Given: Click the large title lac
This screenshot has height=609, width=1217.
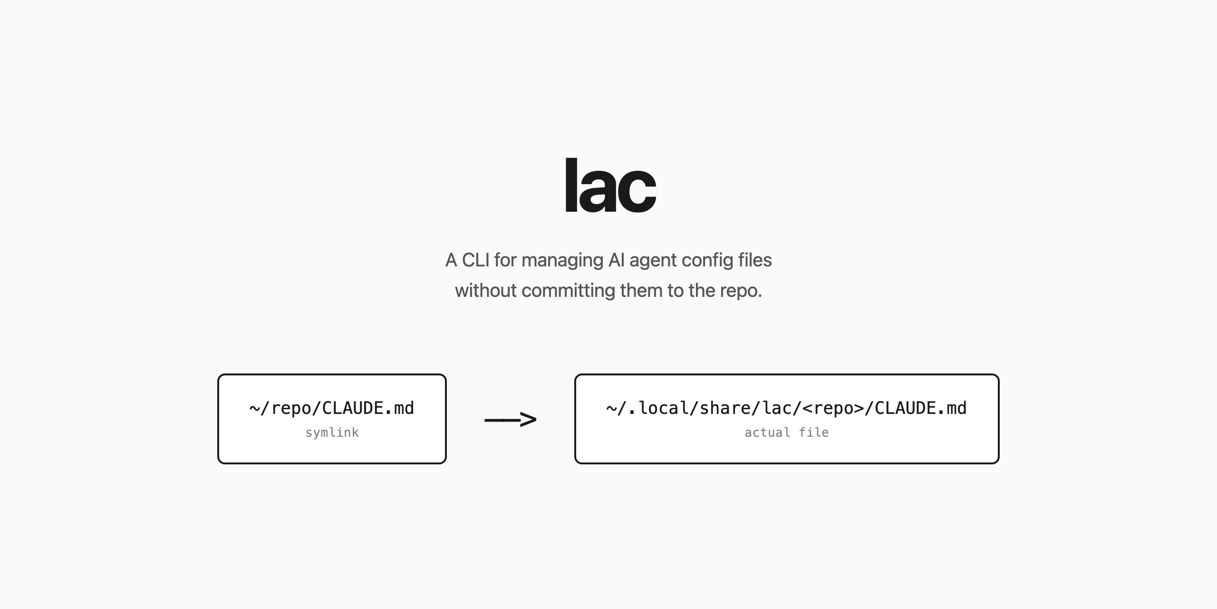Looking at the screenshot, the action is click(610, 185).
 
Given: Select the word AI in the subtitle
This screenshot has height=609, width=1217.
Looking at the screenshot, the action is click(616, 260).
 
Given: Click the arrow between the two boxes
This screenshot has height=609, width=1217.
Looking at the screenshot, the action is click(511, 420).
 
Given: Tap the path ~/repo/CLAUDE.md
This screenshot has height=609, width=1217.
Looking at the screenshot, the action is click(332, 408).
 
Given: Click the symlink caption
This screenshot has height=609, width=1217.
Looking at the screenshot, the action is click(332, 432).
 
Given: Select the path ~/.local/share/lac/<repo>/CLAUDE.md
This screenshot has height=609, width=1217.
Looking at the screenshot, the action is click(787, 408).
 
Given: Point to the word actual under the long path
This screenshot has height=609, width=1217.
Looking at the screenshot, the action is click(767, 432).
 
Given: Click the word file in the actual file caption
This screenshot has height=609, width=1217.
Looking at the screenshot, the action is click(814, 432).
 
